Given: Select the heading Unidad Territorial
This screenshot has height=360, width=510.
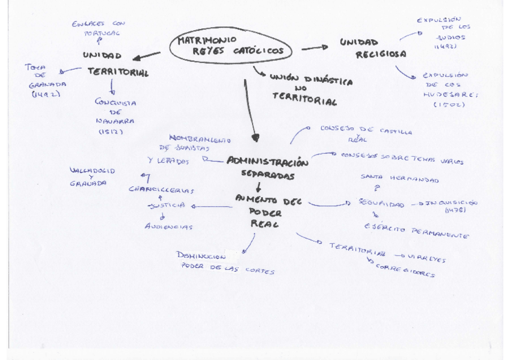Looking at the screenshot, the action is pyautogui.click(x=117, y=64).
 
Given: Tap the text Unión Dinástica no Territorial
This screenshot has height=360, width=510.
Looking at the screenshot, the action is pyautogui.click(x=304, y=91).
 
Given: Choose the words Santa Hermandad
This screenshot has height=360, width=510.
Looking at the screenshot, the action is pyautogui.click(x=399, y=178).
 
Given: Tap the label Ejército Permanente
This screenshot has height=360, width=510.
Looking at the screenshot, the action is pyautogui.click(x=416, y=231).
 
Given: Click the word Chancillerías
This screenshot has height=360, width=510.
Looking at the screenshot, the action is pyautogui.click(x=162, y=189).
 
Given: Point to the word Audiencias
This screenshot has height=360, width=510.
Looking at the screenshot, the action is pyautogui.click(x=168, y=227).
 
